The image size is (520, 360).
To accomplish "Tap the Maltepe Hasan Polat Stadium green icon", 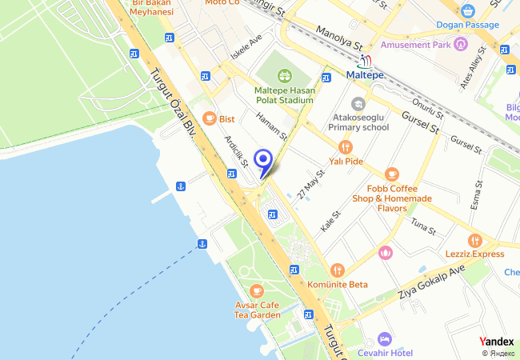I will click(x=283, y=76).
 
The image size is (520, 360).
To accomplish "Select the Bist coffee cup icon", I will click(x=210, y=118).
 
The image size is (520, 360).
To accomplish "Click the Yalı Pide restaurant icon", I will click(x=346, y=147).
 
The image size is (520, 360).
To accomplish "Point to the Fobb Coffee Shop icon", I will click(x=391, y=174).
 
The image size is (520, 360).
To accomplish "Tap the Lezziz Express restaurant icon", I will click(x=474, y=240).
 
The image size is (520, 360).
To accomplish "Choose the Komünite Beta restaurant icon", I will click(x=337, y=270).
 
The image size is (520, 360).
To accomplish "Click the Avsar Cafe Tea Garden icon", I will click(x=256, y=290).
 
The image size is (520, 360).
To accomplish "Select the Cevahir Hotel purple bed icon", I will click(x=385, y=338).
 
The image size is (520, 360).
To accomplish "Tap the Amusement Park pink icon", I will click(x=460, y=45).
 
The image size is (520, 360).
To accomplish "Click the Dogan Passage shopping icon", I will click(x=468, y=11).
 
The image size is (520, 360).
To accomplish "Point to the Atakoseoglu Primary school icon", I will click(x=358, y=103).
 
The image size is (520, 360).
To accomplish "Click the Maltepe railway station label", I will click(x=365, y=74).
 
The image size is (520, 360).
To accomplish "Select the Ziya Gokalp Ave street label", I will click(x=430, y=282).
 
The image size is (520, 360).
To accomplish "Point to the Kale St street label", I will click(x=330, y=221).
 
